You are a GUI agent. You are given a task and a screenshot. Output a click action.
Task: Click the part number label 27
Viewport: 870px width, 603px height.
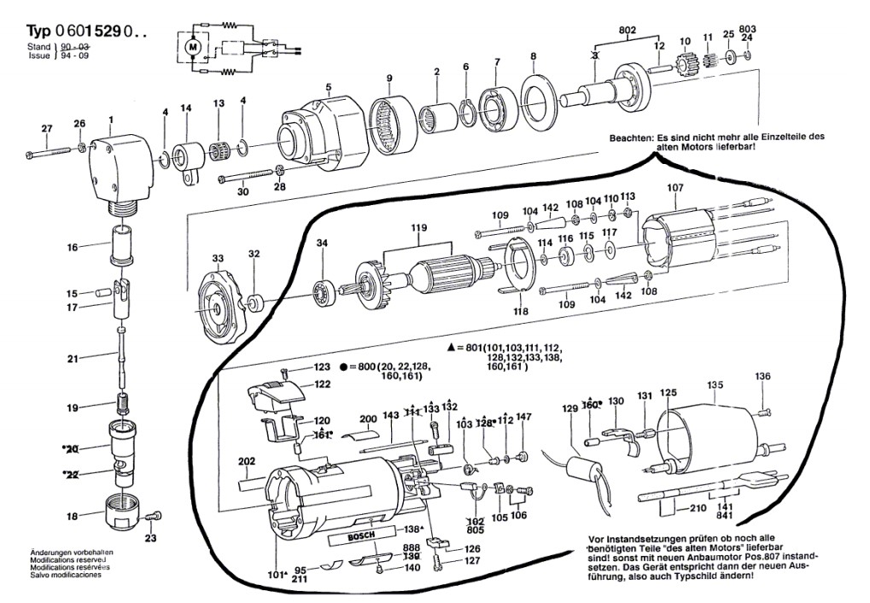46,129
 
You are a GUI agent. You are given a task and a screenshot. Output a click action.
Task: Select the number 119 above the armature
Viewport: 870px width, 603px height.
418,228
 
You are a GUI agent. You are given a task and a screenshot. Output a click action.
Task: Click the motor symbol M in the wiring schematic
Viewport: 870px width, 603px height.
193,44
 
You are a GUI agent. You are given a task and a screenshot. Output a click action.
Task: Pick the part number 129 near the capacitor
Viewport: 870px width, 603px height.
569,410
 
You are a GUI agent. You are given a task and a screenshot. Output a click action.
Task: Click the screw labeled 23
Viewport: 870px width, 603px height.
153,517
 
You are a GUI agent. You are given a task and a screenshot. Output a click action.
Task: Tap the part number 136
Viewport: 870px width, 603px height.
762,376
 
